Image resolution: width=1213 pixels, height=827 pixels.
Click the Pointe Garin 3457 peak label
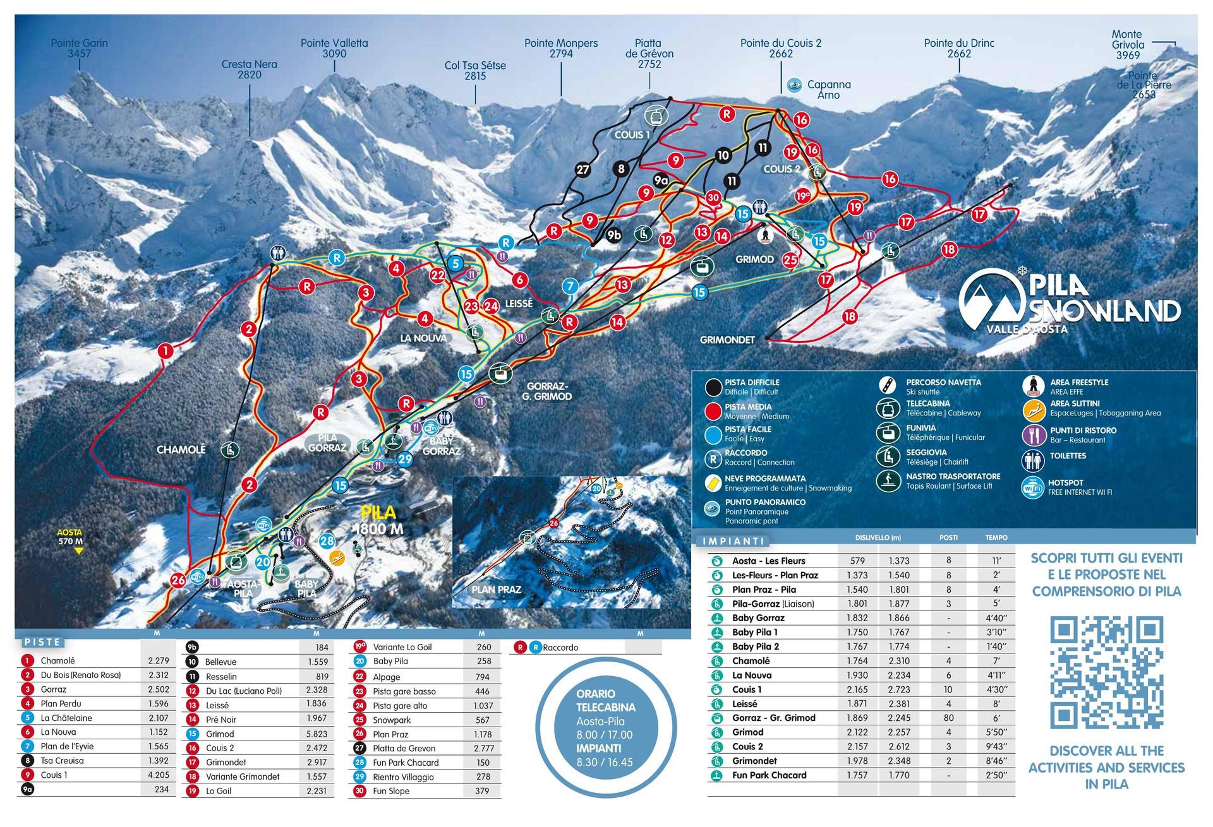(x=79, y=48)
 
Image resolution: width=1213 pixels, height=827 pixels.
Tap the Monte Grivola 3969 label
(x=1128, y=45)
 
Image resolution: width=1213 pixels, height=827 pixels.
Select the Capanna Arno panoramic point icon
(x=794, y=85)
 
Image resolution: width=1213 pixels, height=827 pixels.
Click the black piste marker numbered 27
(x=582, y=169)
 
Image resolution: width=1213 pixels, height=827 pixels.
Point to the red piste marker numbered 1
(x=165, y=350)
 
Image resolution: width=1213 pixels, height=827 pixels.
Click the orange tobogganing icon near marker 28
(x=338, y=558)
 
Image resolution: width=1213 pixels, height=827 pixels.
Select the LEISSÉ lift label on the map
(x=519, y=304)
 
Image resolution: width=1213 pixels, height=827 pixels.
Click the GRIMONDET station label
(x=727, y=340)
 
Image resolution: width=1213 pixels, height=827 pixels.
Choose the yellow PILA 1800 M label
(x=378, y=520)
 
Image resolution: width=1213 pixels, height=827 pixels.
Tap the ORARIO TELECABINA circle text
(x=605, y=728)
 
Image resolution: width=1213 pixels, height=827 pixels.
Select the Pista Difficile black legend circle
(x=714, y=387)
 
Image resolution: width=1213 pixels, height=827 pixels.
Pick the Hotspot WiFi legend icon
(x=1033, y=487)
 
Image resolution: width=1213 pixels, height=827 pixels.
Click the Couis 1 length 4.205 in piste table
(x=158, y=775)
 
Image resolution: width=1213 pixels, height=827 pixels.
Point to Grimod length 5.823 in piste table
(x=317, y=734)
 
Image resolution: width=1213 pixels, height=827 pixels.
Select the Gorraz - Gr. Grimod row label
(x=773, y=718)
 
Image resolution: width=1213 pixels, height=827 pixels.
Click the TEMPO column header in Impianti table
(x=996, y=537)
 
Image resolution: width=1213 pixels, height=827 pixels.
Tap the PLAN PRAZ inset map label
(x=496, y=589)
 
